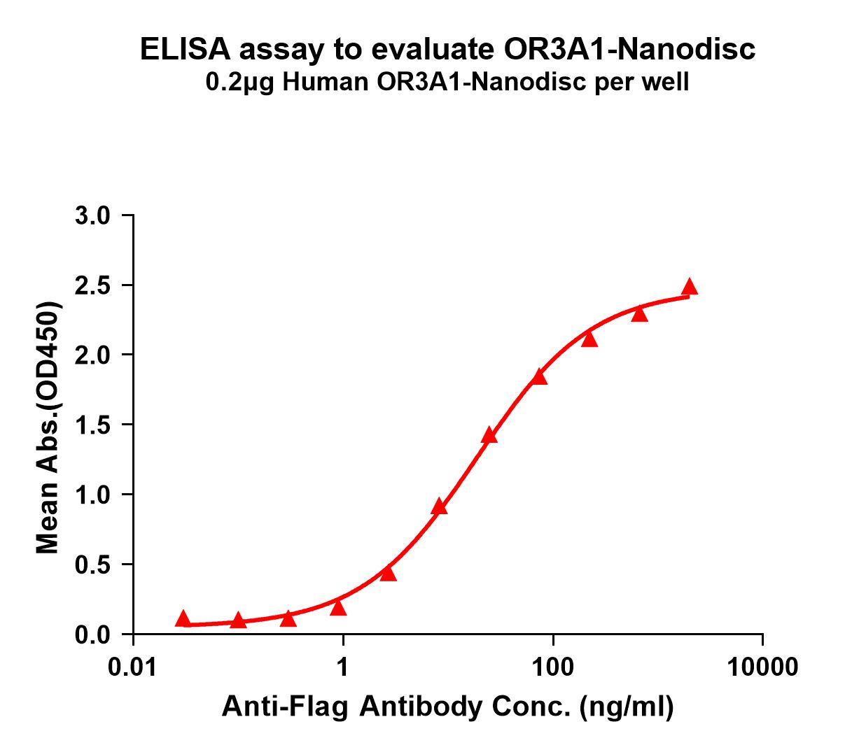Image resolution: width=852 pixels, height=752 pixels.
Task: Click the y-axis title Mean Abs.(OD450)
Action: pyautogui.click(x=48, y=428)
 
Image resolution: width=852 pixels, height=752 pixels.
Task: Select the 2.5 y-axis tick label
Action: pyautogui.click(x=93, y=285)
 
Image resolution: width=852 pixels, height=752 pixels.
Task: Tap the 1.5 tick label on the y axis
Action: pyautogui.click(x=93, y=425)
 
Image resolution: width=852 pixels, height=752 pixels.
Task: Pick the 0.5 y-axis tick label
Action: pyautogui.click(x=93, y=565)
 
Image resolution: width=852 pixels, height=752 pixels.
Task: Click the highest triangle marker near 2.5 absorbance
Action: pyautogui.click(x=690, y=287)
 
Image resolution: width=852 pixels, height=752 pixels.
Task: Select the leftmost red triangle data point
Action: pyautogui.click(x=183, y=618)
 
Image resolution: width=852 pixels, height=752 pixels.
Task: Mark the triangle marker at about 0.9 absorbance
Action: pyautogui.click(x=440, y=507)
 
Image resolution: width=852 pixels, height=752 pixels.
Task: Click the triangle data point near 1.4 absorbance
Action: pyautogui.click(x=489, y=436)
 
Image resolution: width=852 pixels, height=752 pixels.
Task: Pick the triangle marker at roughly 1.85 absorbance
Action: pyautogui.click(x=539, y=377)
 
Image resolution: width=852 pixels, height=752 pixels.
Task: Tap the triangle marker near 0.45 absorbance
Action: pyautogui.click(x=389, y=574)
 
